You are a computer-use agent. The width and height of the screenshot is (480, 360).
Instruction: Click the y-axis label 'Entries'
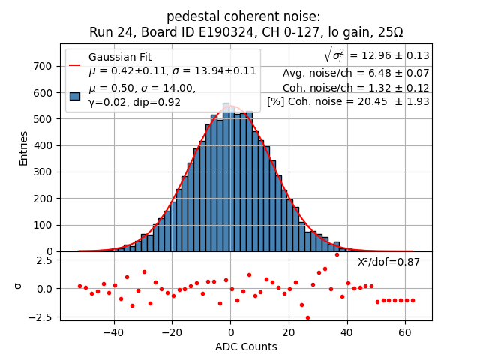pyautogui.click(x=23, y=148)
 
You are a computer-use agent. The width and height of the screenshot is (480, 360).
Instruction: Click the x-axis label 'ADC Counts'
pyautogui.click(x=245, y=346)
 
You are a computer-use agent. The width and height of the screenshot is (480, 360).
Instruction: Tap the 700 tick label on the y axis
pyautogui.click(x=43, y=66)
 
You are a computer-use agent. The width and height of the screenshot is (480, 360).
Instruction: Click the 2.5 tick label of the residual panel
pyautogui.click(x=43, y=260)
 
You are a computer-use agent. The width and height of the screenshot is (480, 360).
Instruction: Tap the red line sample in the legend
pyautogui.click(x=75, y=64)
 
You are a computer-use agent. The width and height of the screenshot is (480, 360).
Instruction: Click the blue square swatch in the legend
pyautogui.click(x=75, y=95)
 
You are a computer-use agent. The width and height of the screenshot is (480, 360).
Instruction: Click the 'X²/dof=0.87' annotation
pyautogui.click(x=388, y=262)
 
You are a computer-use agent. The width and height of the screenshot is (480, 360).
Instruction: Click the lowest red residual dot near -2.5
pyautogui.click(x=307, y=317)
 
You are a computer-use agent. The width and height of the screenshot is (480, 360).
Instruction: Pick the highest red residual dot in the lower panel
pyautogui.click(x=337, y=254)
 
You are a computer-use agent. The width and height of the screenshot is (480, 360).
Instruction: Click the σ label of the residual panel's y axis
pyautogui.click(x=19, y=286)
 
